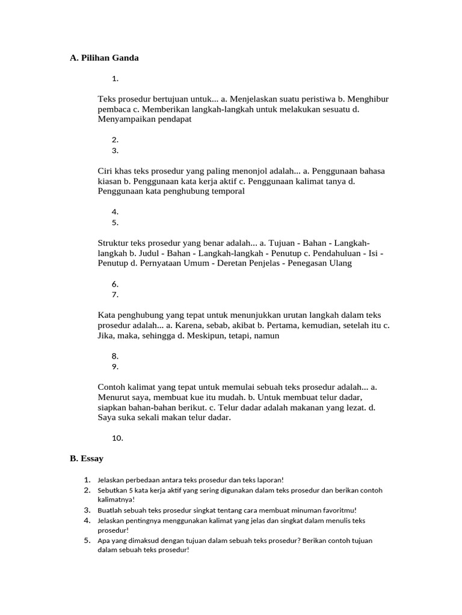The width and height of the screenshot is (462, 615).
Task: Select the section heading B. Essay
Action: (x=87, y=459)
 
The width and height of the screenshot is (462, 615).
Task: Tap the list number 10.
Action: (x=117, y=438)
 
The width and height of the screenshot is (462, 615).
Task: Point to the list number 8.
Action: (x=115, y=356)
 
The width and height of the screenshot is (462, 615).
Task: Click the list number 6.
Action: (x=115, y=284)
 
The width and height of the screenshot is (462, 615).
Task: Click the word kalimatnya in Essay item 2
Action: (x=116, y=499)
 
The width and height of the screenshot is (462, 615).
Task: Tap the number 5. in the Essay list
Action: (x=87, y=541)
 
